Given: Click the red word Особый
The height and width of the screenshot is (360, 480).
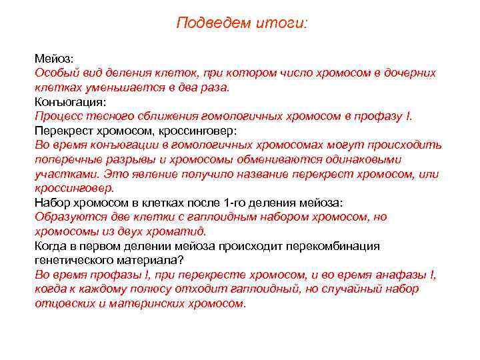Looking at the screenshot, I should pyautogui.click(x=55, y=73).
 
